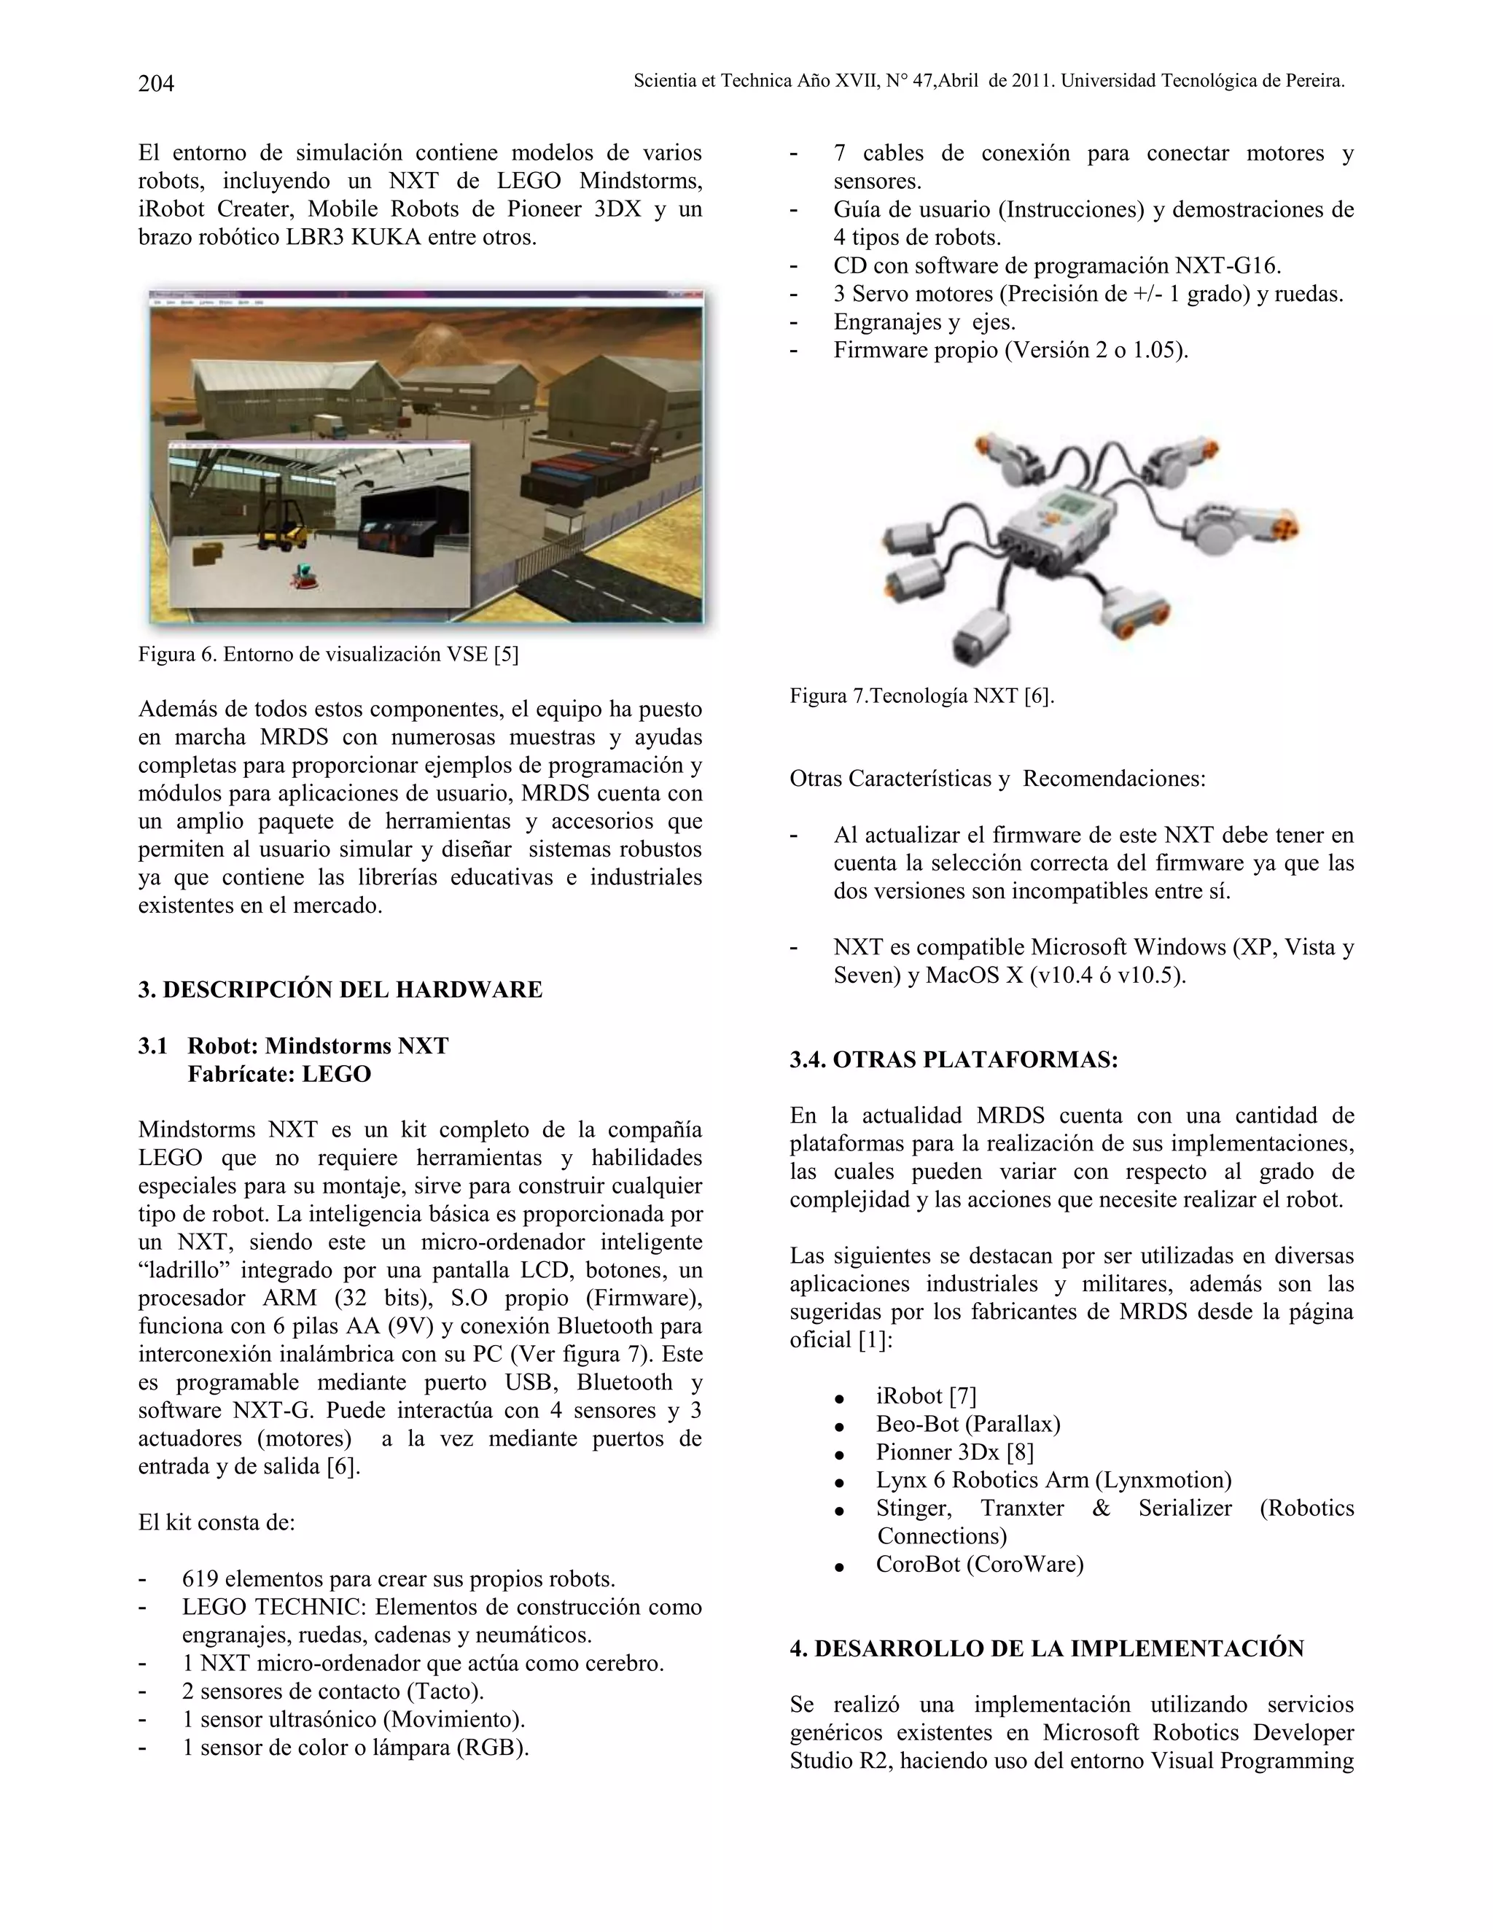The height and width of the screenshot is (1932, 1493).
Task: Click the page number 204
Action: pos(156,83)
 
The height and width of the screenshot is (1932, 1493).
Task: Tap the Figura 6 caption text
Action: pos(328,655)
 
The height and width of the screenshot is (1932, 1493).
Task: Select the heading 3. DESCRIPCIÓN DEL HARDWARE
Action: pos(340,989)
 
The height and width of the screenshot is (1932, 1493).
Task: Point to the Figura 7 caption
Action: pos(921,696)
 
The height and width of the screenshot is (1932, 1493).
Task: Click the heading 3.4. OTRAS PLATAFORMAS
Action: pos(954,1060)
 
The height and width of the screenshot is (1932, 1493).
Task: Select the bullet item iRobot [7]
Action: pos(926,1396)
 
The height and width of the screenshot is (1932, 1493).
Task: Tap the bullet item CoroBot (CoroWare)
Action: pos(979,1564)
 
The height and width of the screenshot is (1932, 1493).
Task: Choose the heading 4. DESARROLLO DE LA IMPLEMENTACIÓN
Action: pos(1046,1648)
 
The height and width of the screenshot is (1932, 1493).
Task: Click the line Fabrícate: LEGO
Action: pos(278,1074)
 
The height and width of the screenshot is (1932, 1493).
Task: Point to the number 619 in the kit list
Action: pos(199,1579)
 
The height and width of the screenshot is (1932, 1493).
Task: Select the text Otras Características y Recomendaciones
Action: pos(997,779)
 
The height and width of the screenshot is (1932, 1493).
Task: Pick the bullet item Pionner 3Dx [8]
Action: pos(954,1452)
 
